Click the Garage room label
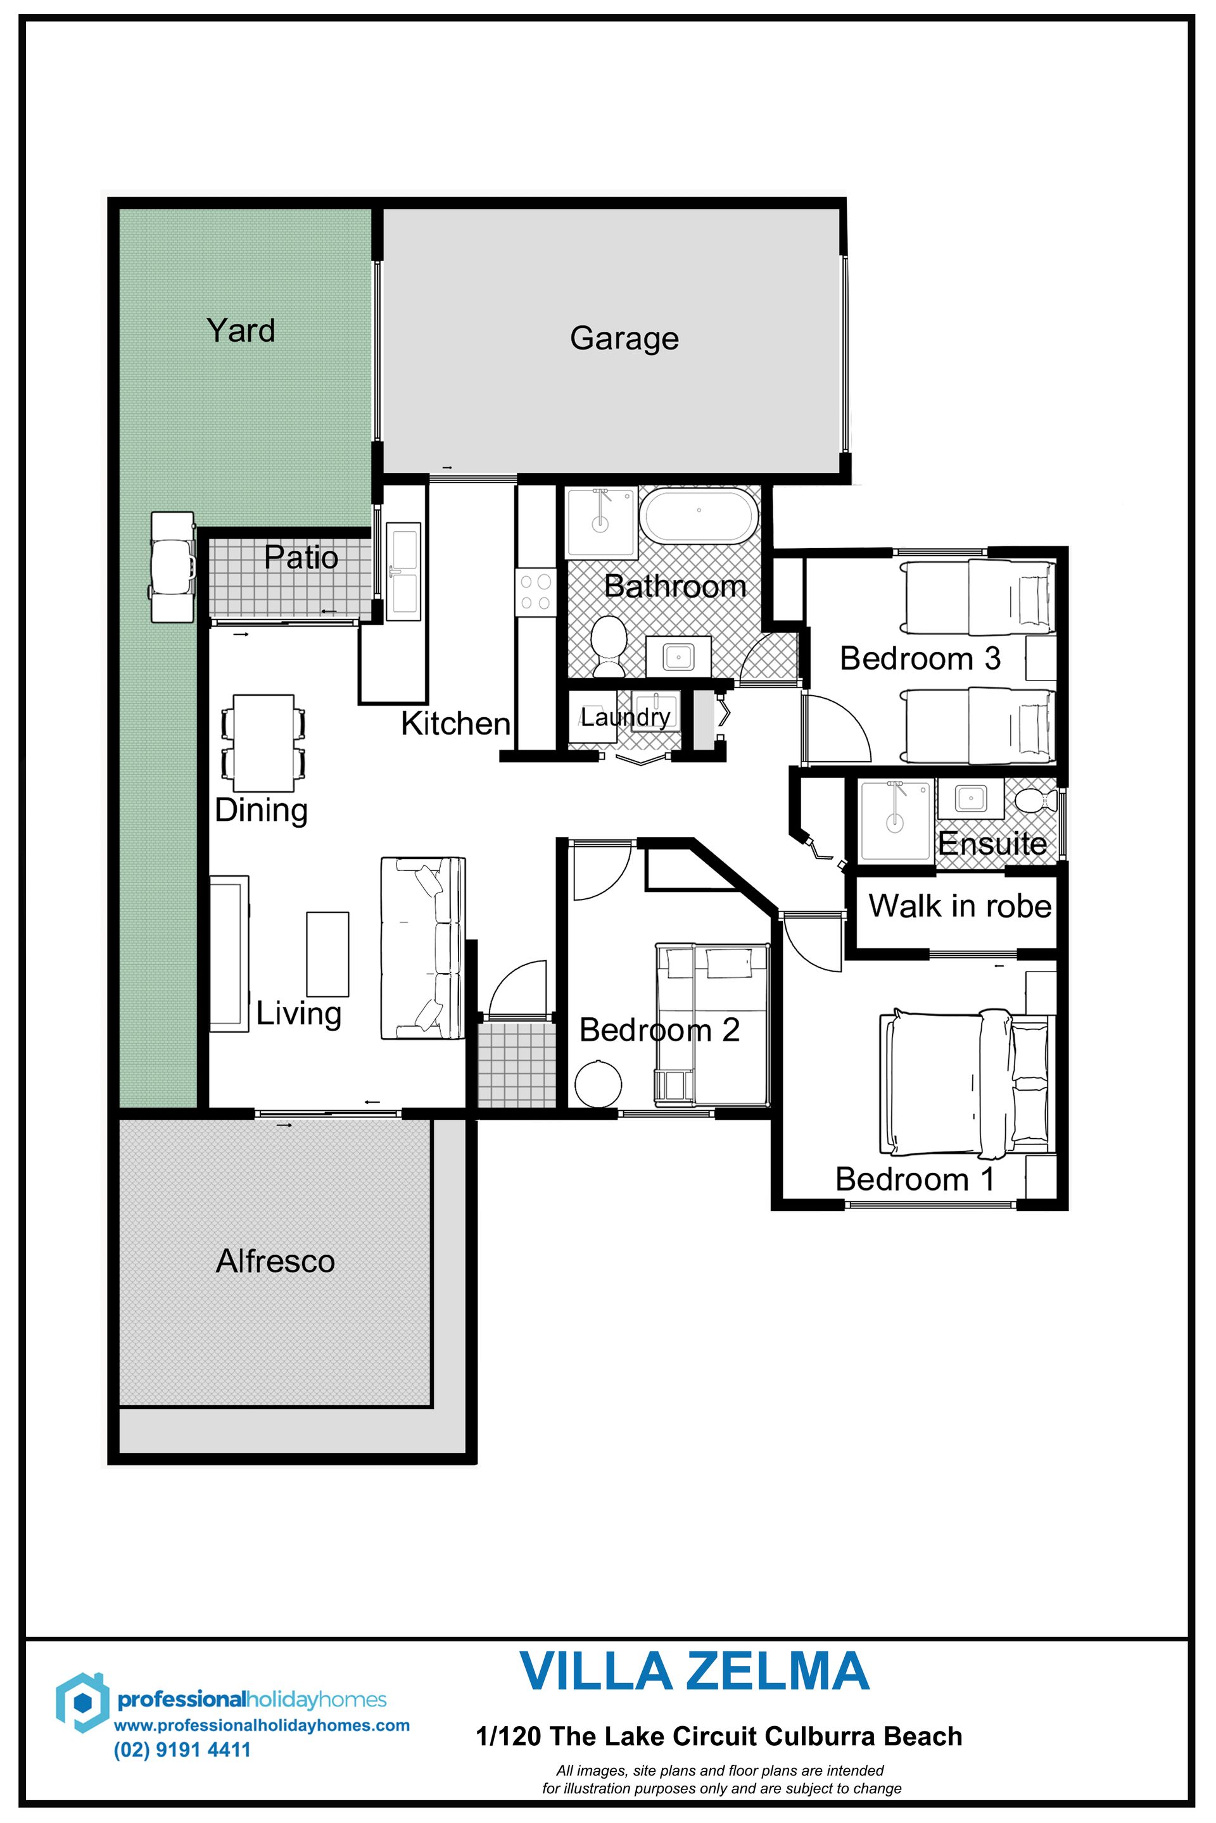(x=624, y=339)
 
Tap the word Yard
(x=241, y=330)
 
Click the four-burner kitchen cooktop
(x=535, y=593)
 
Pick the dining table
(x=263, y=742)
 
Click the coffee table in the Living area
(x=327, y=953)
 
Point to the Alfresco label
(x=275, y=1261)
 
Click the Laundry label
(x=625, y=717)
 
